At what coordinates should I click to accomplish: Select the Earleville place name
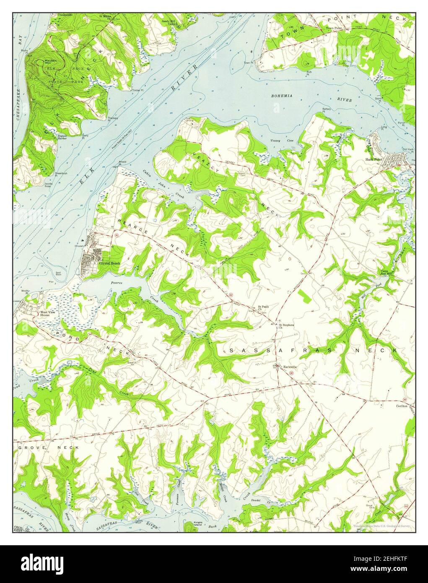click(290, 367)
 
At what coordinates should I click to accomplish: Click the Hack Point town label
click(374, 160)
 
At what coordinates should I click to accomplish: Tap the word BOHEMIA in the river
click(282, 96)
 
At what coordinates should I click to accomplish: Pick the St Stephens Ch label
click(287, 326)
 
